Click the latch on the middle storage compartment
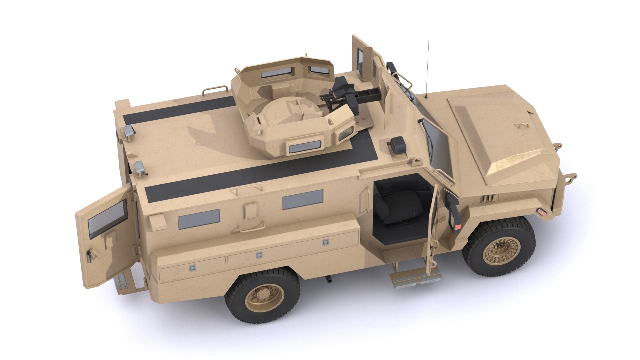tap(259, 255)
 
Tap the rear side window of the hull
tap(199, 219)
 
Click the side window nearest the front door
tap(303, 199)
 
